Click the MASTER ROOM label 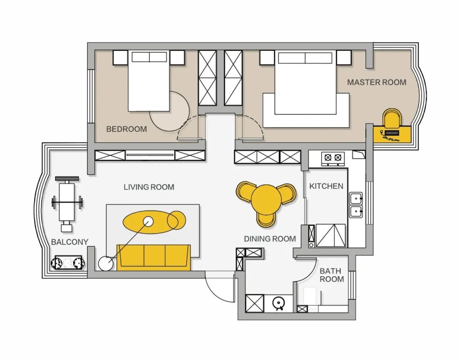click(377, 82)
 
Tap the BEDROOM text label click(126, 129)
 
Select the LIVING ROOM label click(149, 187)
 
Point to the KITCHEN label click(326, 186)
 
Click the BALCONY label click(69, 242)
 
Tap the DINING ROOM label click(270, 239)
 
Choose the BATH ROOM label click(331, 275)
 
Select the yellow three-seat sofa click(154, 258)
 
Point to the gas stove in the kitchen click(333, 159)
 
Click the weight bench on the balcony click(67, 203)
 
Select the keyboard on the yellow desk click(392, 133)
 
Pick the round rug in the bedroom click(170, 111)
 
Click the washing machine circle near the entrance click(278, 303)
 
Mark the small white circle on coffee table click(148, 221)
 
